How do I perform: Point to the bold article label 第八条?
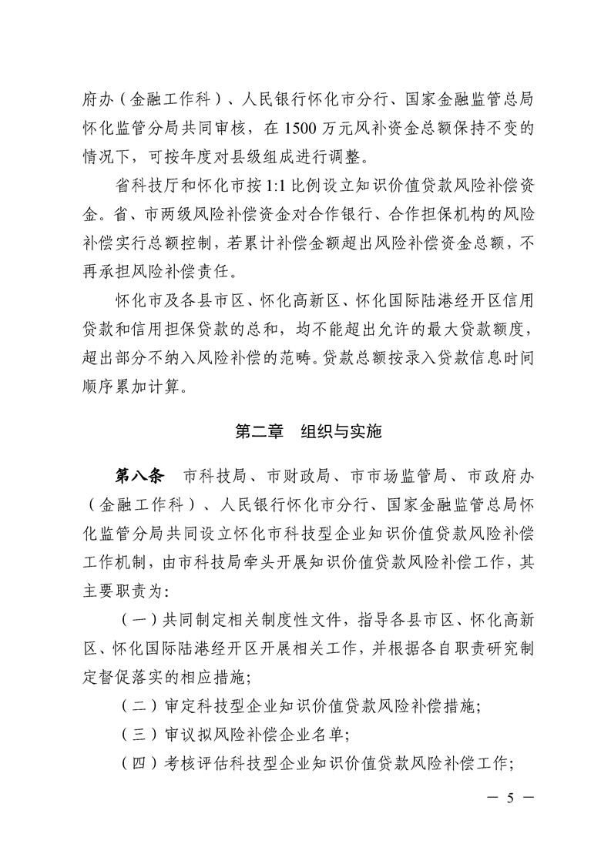tap(138, 476)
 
